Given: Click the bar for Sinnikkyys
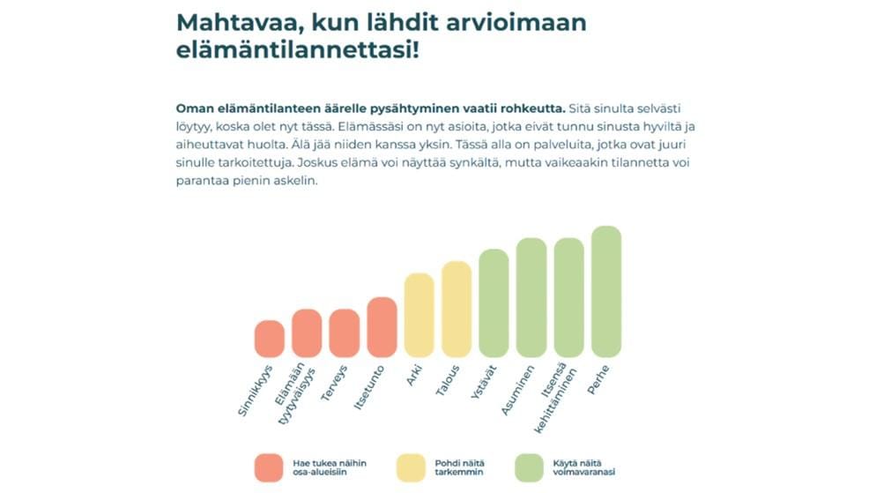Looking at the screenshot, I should (x=269, y=339).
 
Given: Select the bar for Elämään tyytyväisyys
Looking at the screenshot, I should (x=307, y=333).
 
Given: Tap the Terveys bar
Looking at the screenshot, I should (x=344, y=333).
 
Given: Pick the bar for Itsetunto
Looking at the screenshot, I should (x=382, y=327).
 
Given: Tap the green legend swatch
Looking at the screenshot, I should (x=529, y=467).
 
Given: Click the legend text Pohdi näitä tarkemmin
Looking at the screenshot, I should (x=459, y=467).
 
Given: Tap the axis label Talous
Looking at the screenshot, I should (x=448, y=382).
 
